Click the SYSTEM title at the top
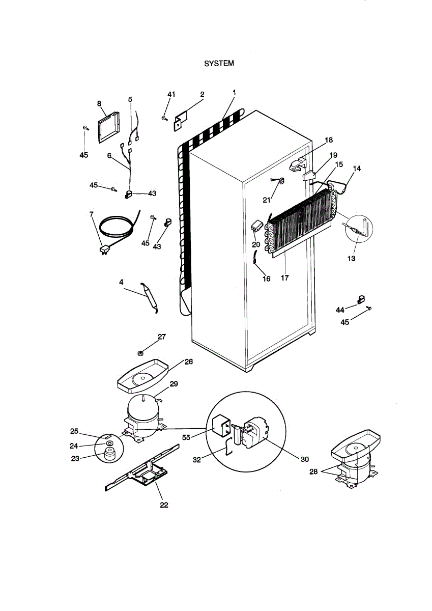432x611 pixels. coord(219,63)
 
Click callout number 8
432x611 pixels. coord(99,103)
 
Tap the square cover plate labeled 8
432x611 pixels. coord(109,127)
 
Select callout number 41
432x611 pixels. coord(171,94)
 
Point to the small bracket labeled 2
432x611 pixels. coord(181,121)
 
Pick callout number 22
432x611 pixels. coord(164,505)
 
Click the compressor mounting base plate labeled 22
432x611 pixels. coord(142,468)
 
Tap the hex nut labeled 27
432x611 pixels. coord(140,353)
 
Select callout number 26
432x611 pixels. coord(189,362)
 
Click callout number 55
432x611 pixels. coord(186,437)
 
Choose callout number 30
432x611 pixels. coord(304,459)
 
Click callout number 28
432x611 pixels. coord(313,471)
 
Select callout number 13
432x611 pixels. coord(351,258)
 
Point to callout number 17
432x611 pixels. coord(284,278)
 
